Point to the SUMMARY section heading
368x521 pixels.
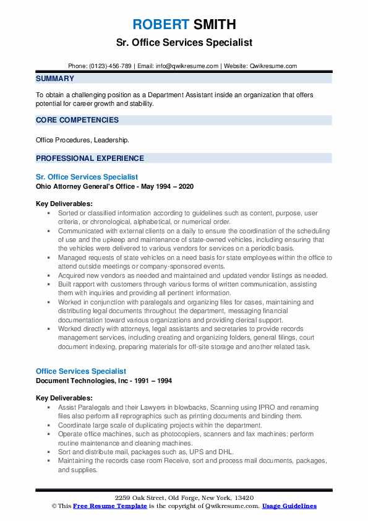(x=55, y=79)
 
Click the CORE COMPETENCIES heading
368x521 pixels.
(x=77, y=120)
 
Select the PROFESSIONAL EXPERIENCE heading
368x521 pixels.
(x=90, y=158)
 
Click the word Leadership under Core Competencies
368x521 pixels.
(x=112, y=140)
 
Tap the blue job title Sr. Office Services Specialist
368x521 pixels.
(x=87, y=177)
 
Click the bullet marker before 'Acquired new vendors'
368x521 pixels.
(x=48, y=275)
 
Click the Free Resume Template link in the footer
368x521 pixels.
(x=102, y=506)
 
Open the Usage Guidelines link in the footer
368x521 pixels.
(x=289, y=506)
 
